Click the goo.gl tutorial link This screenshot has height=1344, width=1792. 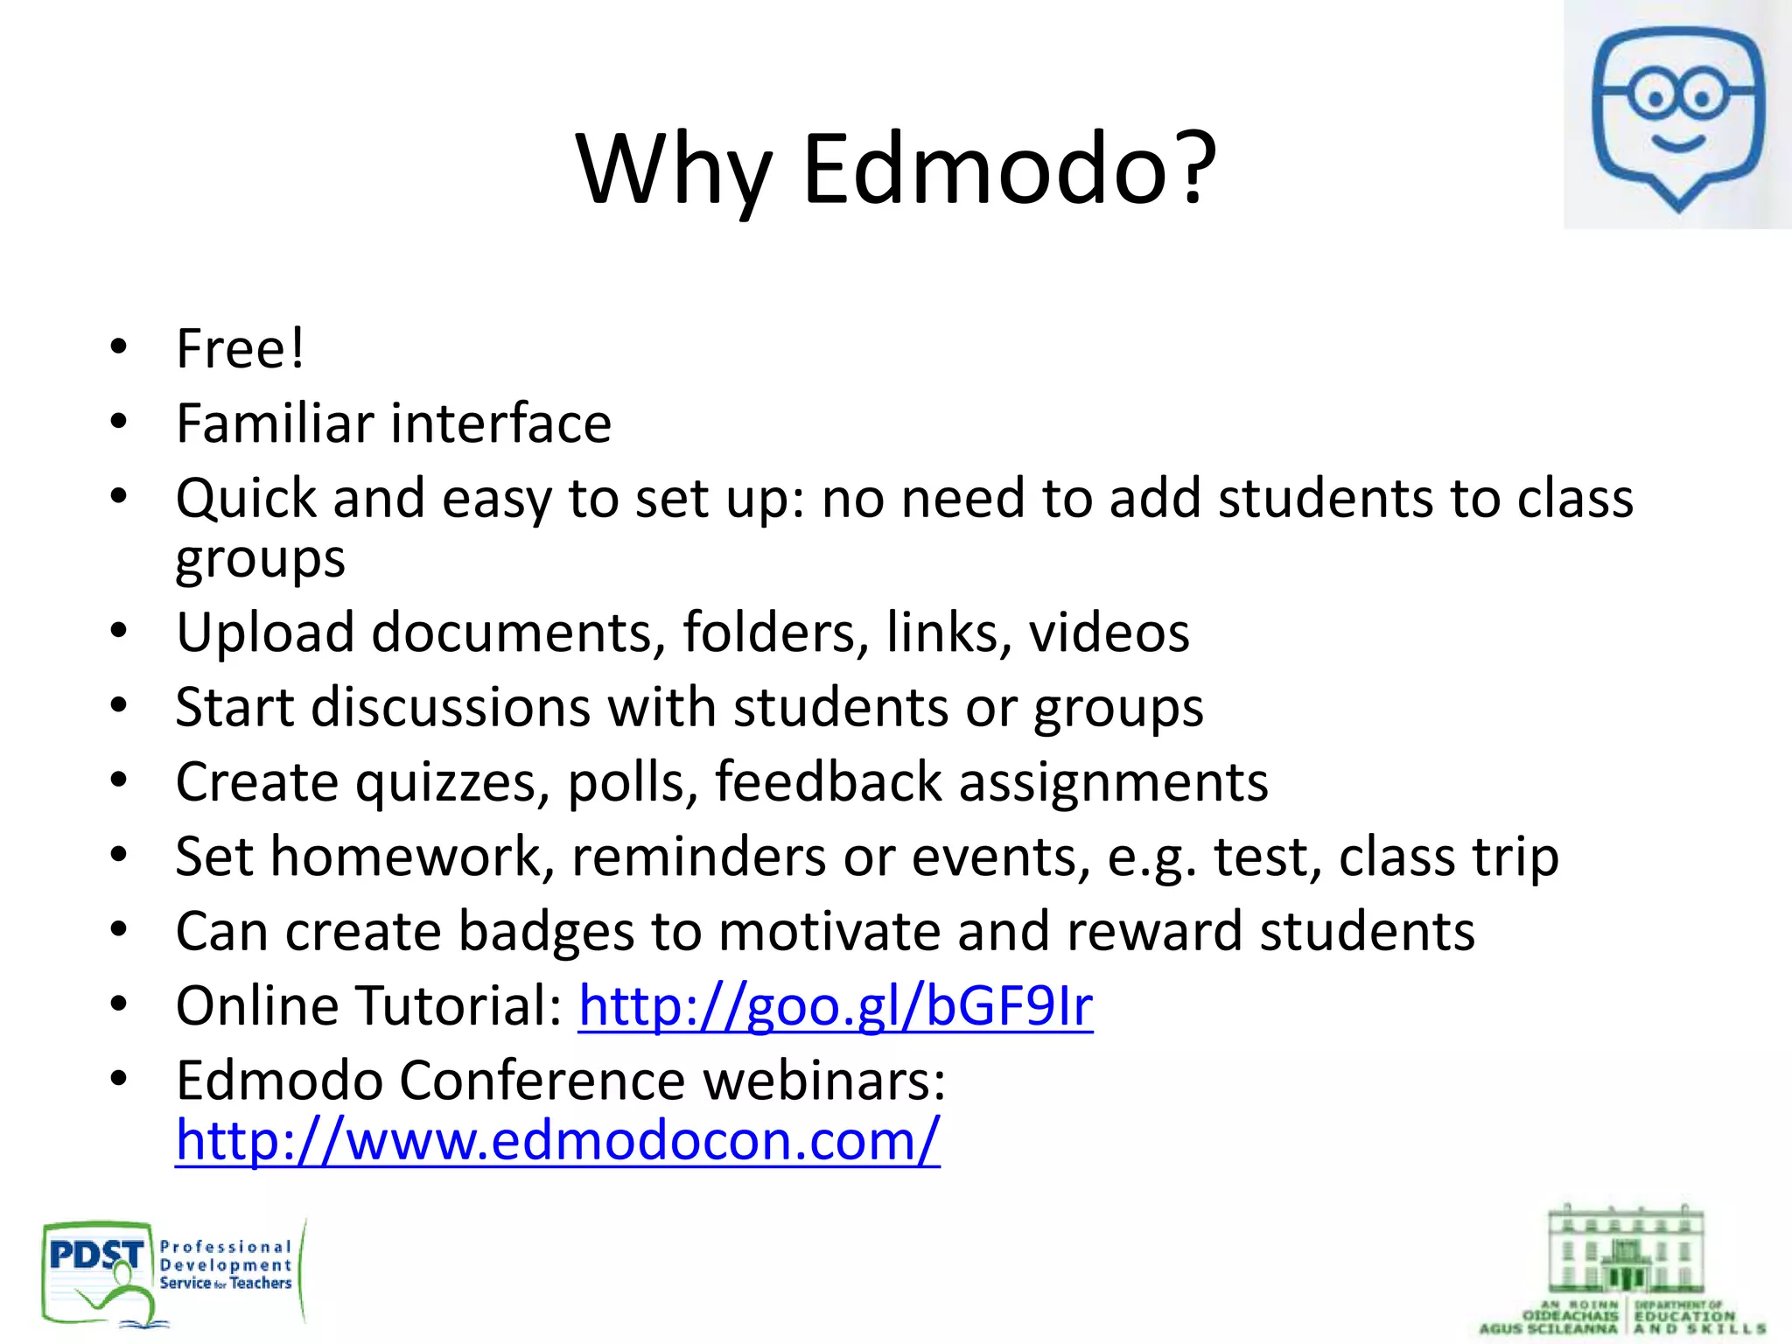(835, 1005)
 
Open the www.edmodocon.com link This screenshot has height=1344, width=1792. (557, 1140)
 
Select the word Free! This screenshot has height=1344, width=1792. (240, 348)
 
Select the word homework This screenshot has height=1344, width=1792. (408, 857)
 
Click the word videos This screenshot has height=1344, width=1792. (1109, 632)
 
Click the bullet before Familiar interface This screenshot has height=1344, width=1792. (119, 423)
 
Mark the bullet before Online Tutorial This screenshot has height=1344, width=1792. (119, 1004)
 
